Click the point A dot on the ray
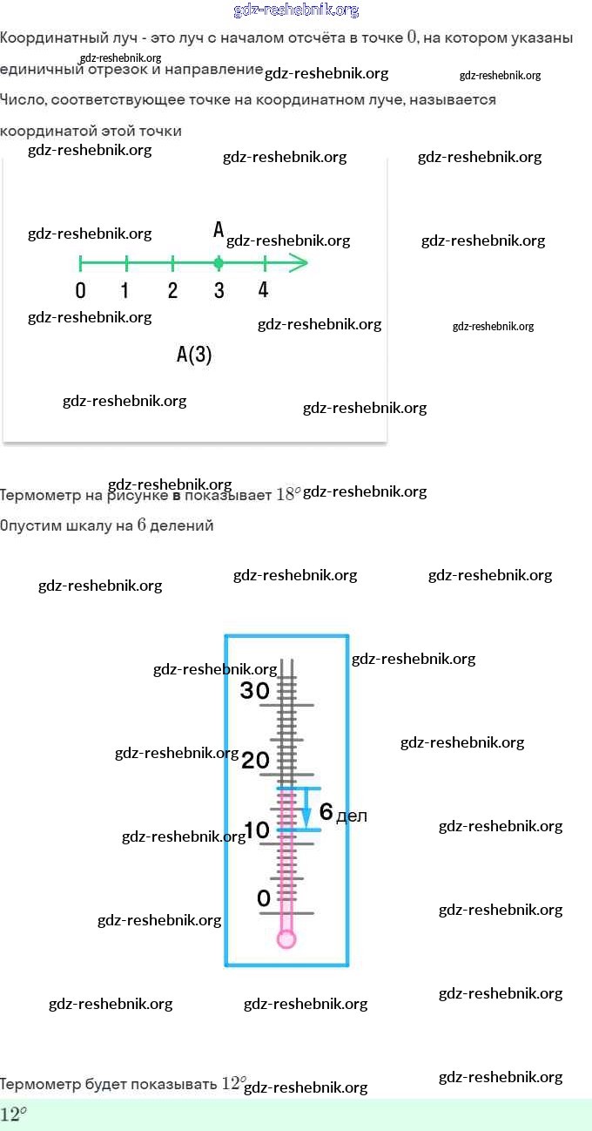click(x=219, y=262)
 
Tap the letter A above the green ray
click(x=219, y=230)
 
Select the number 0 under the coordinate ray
click(x=80, y=291)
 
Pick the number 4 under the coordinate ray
click(x=264, y=290)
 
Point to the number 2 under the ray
click(x=172, y=291)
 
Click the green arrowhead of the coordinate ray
click(x=299, y=262)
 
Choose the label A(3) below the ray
click(x=194, y=355)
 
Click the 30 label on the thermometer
click(x=255, y=691)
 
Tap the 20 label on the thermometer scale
click(x=255, y=761)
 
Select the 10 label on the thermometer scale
click(x=257, y=830)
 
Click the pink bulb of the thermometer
click(x=286, y=938)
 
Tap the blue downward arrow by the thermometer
click(x=306, y=815)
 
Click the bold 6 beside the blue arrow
click(x=326, y=812)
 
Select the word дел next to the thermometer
click(x=352, y=816)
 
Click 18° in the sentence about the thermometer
click(x=288, y=494)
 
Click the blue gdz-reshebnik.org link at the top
click(x=296, y=10)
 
